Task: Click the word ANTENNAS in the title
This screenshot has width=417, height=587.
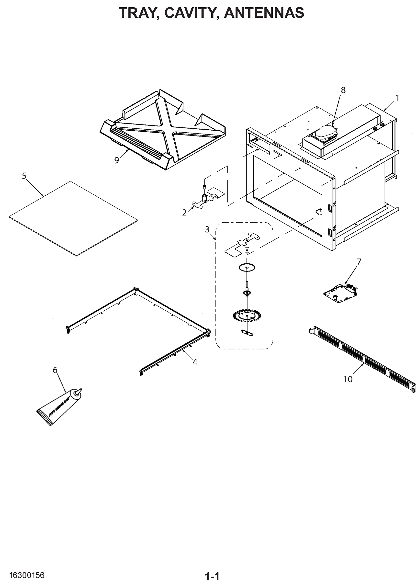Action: [264, 13]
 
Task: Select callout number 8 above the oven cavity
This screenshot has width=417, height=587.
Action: [343, 90]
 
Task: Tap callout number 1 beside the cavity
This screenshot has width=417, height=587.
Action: [397, 98]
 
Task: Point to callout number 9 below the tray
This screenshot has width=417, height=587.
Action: [117, 160]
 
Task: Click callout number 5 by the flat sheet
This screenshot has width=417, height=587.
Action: [24, 176]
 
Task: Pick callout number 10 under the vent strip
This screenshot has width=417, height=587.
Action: [348, 379]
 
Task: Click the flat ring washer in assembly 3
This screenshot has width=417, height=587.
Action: [247, 268]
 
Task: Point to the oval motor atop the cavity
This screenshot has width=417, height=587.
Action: [325, 132]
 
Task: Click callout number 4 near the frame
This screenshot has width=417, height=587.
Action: [195, 362]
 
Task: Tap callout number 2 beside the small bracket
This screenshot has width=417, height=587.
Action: [184, 213]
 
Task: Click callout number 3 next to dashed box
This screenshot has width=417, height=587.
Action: [207, 229]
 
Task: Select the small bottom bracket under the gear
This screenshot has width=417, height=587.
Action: [247, 333]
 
